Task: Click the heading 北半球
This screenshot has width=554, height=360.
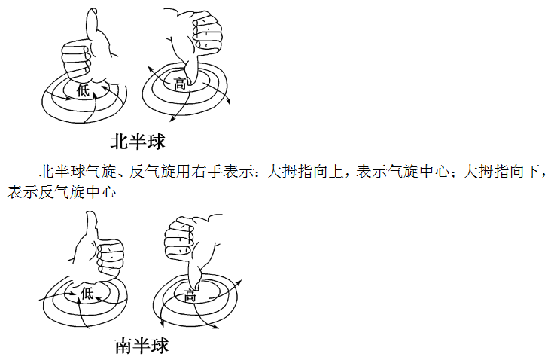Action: pyautogui.click(x=138, y=141)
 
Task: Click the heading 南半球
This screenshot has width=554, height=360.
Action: pyautogui.click(x=142, y=346)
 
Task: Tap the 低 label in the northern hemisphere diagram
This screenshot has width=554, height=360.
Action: pyautogui.click(x=84, y=90)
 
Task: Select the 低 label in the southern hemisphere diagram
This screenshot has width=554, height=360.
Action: pyautogui.click(x=88, y=293)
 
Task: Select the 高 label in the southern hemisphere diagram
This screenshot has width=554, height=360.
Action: pyautogui.click(x=190, y=296)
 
